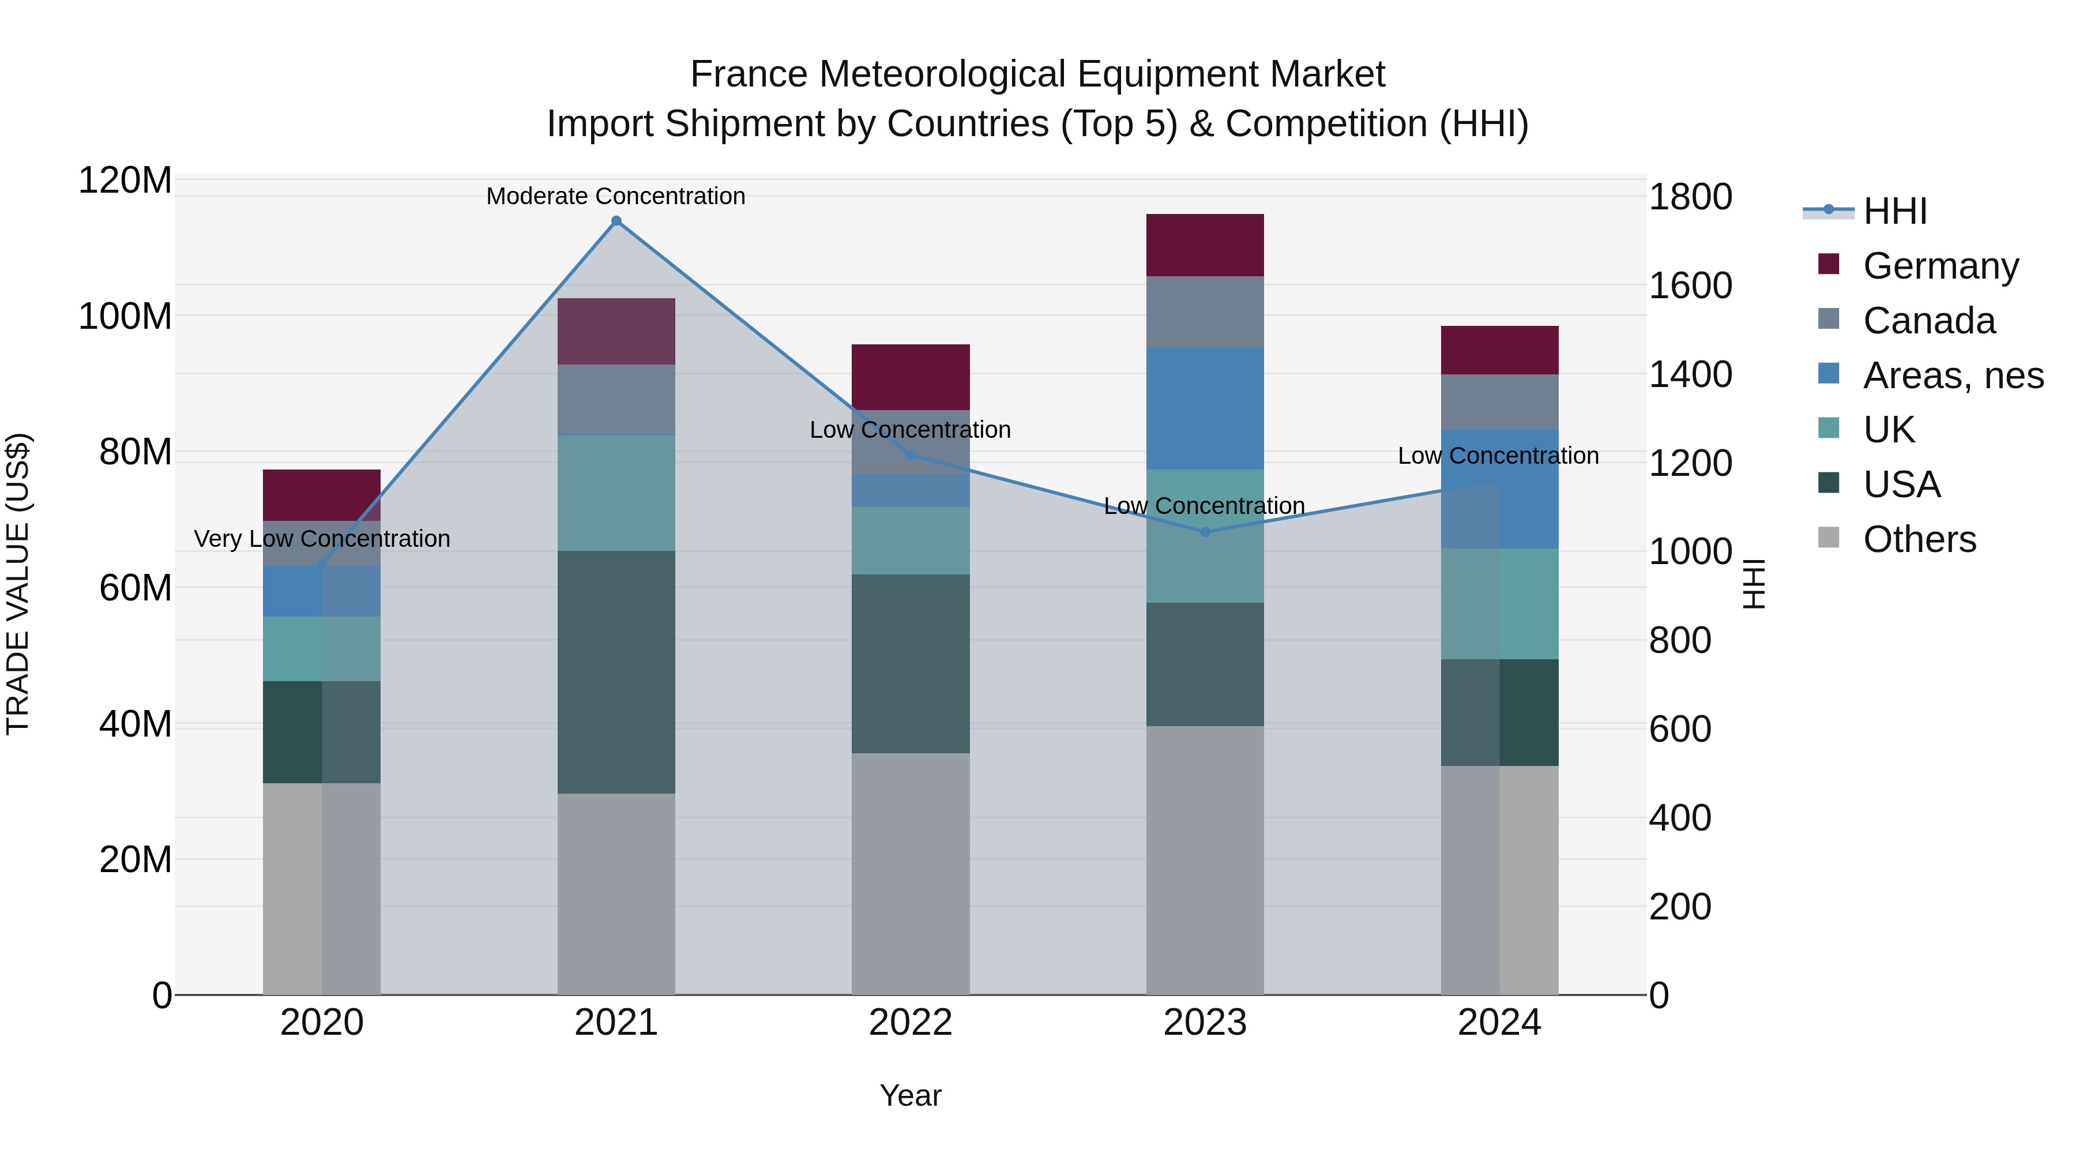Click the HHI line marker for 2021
click(616, 221)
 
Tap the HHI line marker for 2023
click(1205, 532)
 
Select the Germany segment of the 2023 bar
click(1205, 245)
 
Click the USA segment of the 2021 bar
click(616, 673)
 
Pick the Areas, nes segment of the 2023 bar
click(1205, 409)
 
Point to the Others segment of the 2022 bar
click(911, 874)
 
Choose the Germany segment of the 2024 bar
click(1499, 350)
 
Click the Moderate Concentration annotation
click(616, 196)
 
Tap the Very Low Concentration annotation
click(322, 539)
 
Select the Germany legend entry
click(1940, 266)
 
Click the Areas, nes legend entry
click(1953, 375)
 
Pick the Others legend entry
click(1919, 539)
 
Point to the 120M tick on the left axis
click(125, 180)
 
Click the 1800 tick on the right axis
click(1690, 197)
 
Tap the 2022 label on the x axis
click(911, 1023)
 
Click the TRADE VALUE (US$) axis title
click(18, 584)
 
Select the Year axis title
click(911, 1095)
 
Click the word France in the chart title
click(749, 74)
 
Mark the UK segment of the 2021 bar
click(616, 493)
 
